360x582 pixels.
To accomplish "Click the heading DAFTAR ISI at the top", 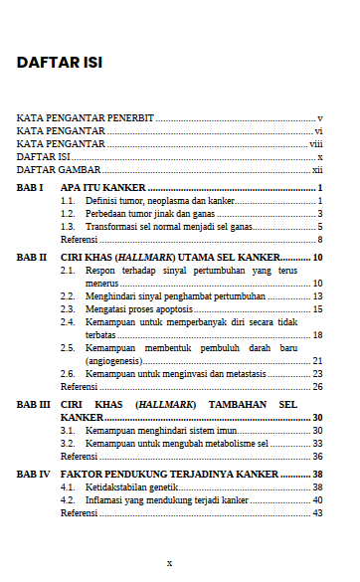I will click(60, 63).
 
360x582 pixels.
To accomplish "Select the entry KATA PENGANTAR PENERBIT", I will click(86, 117).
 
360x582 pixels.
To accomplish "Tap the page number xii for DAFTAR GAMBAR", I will click(317, 170).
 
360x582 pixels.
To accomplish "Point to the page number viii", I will click(315, 144).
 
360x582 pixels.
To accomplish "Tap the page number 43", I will click(317, 513).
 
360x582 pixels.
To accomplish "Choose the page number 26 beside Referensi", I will click(317, 386).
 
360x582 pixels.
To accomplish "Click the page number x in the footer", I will click(169, 562).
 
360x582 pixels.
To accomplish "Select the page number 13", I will click(317, 296).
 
